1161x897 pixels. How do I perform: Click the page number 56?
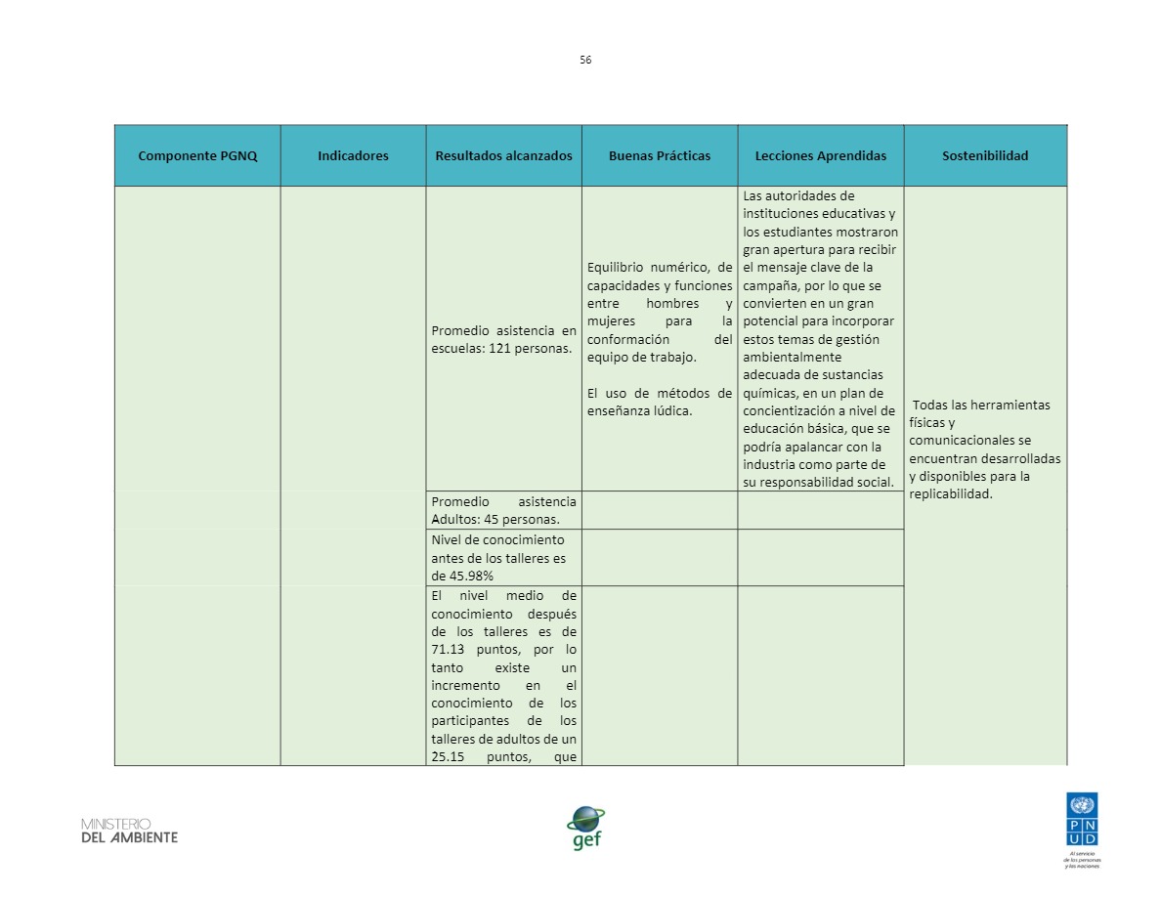(x=585, y=60)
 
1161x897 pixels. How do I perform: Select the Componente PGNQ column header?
(x=197, y=155)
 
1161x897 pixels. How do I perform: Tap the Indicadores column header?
(x=353, y=155)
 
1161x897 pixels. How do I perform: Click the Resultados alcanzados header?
(x=503, y=155)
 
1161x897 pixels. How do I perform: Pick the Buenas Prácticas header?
(x=659, y=155)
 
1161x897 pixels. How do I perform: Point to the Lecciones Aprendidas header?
(x=820, y=155)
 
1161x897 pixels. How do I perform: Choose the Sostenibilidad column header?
(x=984, y=155)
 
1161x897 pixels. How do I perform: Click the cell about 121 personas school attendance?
(x=503, y=339)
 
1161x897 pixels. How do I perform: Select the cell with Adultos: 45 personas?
(x=503, y=510)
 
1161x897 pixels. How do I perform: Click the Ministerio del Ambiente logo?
(x=129, y=831)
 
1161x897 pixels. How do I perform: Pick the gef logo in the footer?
(x=585, y=829)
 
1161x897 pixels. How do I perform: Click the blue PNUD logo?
(x=1082, y=821)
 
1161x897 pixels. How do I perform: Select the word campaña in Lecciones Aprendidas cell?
(x=765, y=285)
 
